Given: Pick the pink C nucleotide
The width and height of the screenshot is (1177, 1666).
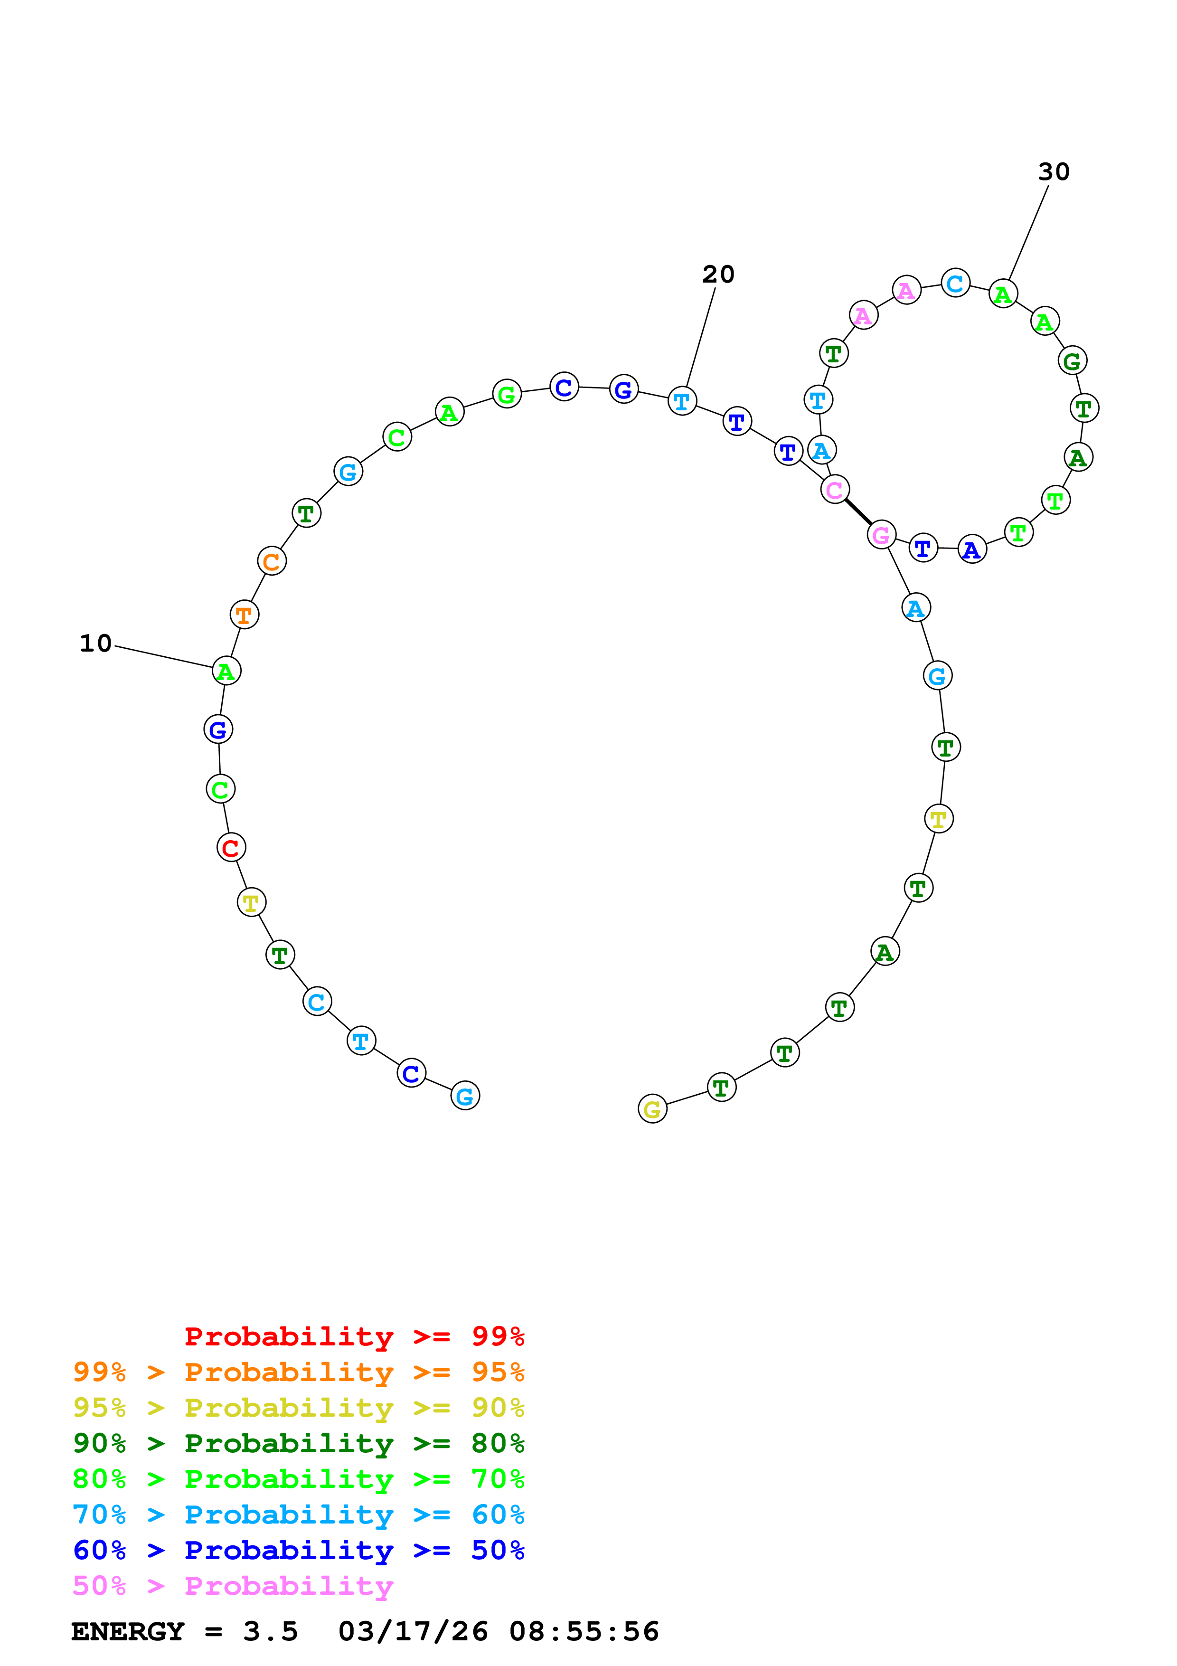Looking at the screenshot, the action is (835, 490).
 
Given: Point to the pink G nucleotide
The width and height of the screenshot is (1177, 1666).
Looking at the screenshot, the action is (881, 535).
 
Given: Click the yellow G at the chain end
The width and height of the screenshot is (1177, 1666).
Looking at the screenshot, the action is (652, 1109).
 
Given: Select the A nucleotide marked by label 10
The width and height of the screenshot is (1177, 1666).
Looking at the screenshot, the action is (226, 671).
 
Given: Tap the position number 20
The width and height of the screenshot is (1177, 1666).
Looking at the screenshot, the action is (718, 275).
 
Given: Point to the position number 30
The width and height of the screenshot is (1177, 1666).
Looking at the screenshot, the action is (1053, 172).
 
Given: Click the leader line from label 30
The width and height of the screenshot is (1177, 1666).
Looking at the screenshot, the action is (1028, 232).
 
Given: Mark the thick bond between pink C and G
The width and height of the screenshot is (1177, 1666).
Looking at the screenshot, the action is (858, 512).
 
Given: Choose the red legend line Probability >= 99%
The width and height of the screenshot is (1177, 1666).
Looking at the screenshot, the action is (354, 1336).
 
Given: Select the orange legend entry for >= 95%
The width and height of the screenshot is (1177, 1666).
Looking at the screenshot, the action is (299, 1372).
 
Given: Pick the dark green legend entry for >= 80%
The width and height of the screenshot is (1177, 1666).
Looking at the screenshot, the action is (299, 1443).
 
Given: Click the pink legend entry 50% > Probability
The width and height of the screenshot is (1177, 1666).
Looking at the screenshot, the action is (233, 1586).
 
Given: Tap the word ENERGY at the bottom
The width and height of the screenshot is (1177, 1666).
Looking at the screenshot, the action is (128, 1632).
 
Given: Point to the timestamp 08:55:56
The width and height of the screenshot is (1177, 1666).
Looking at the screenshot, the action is (584, 1632).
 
